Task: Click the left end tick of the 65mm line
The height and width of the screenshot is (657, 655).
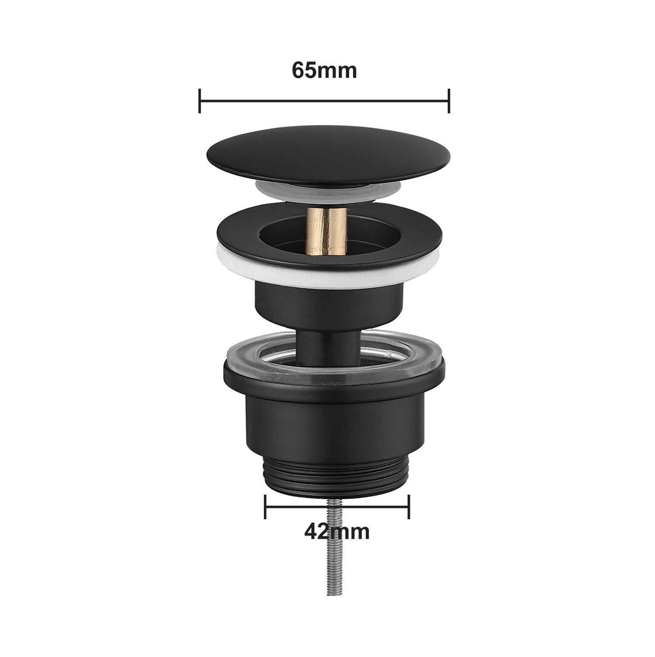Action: [200, 101]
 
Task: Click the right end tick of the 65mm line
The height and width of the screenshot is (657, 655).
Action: [449, 101]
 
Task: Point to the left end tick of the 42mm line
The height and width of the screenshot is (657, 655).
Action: [265, 507]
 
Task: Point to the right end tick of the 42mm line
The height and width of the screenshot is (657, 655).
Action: [409, 507]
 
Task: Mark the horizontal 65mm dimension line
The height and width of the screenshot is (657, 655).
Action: [324, 101]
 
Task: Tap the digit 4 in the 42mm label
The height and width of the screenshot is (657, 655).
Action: [310, 531]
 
